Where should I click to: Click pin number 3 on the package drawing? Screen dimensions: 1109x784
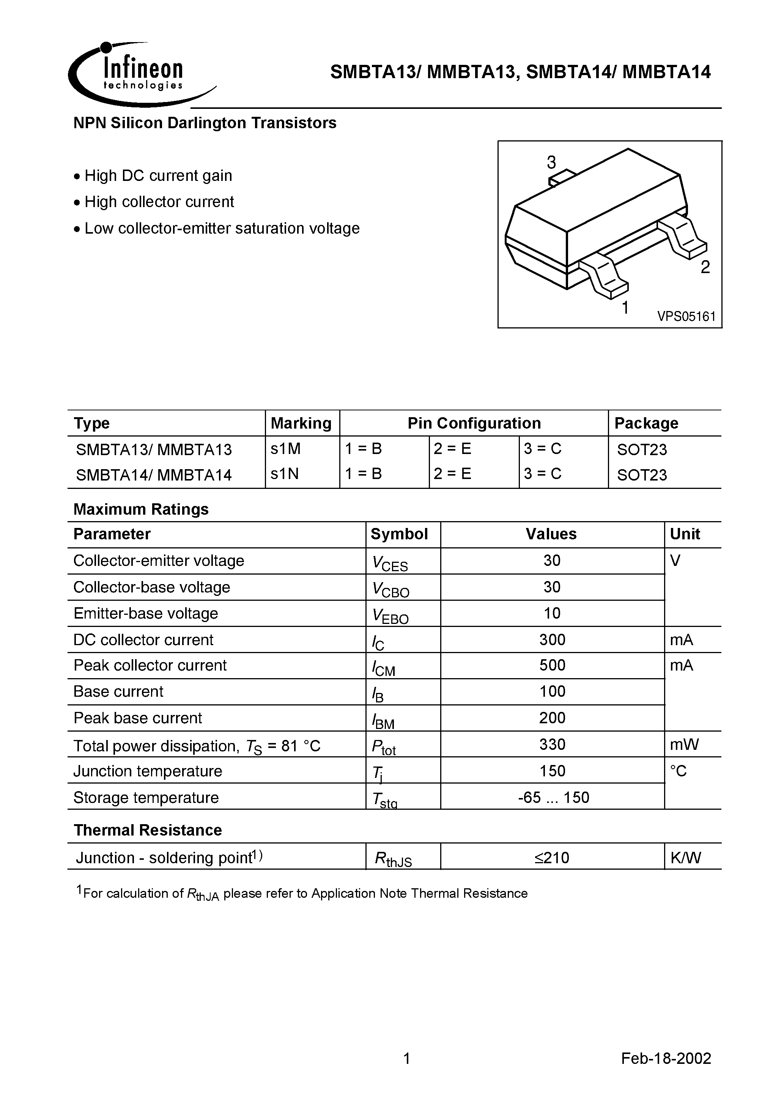tap(551, 162)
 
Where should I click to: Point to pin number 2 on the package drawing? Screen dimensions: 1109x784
tap(705, 267)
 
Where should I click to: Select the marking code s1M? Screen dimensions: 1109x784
tap(286, 449)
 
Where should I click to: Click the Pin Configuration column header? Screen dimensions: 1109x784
tap(474, 423)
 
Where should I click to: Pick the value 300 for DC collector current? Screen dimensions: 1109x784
tap(552, 639)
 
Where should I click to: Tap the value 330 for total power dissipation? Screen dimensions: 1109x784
tap(552, 744)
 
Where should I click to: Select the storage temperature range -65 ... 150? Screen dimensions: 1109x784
tap(553, 797)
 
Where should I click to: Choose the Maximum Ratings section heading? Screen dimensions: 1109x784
tap(141, 509)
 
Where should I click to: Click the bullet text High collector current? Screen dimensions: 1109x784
tap(159, 202)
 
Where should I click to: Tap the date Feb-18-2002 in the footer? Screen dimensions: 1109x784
tap(666, 1058)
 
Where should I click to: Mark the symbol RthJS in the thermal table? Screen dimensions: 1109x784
tap(394, 859)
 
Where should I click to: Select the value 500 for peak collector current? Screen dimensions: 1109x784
tap(552, 665)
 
